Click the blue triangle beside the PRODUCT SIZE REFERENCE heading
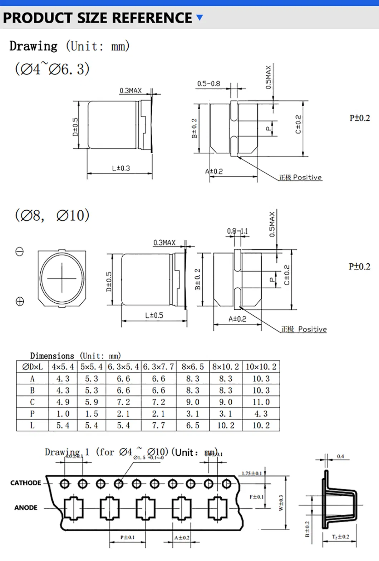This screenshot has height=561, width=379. click(x=200, y=17)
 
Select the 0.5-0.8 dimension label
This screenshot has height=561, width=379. click(x=208, y=84)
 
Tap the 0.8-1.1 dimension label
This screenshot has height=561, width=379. click(x=237, y=231)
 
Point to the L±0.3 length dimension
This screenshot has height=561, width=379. click(x=121, y=168)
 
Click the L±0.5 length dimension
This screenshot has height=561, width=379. click(x=154, y=315)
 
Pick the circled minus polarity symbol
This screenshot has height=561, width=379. click(x=20, y=252)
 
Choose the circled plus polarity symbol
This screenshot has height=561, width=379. click(x=20, y=301)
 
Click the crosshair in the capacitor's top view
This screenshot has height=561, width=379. click(x=62, y=278)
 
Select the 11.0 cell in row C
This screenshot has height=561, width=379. click(x=261, y=402)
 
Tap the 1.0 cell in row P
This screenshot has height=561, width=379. click(x=63, y=414)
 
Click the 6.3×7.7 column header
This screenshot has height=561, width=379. click(x=158, y=367)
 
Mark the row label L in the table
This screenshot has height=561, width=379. click(x=32, y=426)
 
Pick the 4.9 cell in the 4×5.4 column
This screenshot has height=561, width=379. click(x=63, y=402)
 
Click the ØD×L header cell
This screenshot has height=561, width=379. click(x=32, y=367)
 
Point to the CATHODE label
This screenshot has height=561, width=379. click(x=26, y=483)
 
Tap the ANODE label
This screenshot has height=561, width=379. click(x=26, y=508)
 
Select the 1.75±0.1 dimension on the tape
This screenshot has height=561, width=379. click(x=252, y=473)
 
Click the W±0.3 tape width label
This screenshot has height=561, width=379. click(x=281, y=503)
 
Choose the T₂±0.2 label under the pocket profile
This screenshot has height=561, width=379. click(x=340, y=537)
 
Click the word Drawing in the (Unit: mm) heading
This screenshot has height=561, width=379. click(x=33, y=46)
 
